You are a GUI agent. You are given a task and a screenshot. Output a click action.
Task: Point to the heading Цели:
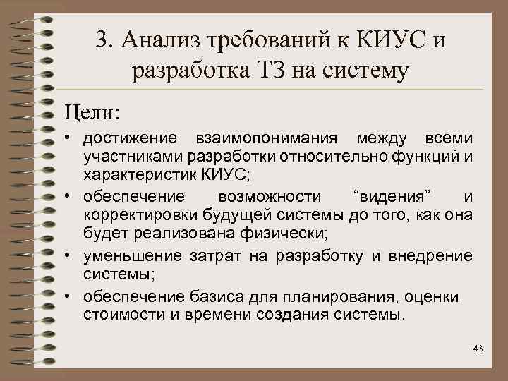click(x=92, y=111)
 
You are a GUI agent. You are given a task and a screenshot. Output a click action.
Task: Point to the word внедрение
click(x=437, y=254)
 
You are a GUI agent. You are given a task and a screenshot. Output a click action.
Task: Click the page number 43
click(x=477, y=348)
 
